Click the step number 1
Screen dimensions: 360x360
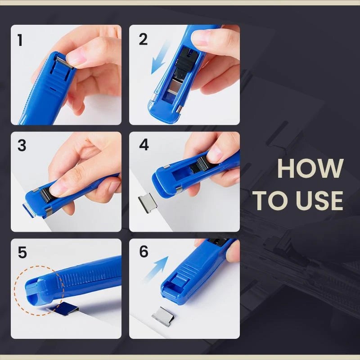coord(20,40)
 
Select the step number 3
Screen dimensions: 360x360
coord(22,146)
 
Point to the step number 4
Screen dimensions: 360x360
coord(144,146)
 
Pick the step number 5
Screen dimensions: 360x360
coord(22,253)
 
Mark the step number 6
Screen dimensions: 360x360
coord(144,252)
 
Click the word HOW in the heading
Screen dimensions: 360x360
coord(310,168)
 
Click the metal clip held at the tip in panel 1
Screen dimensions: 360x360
coord(65,60)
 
